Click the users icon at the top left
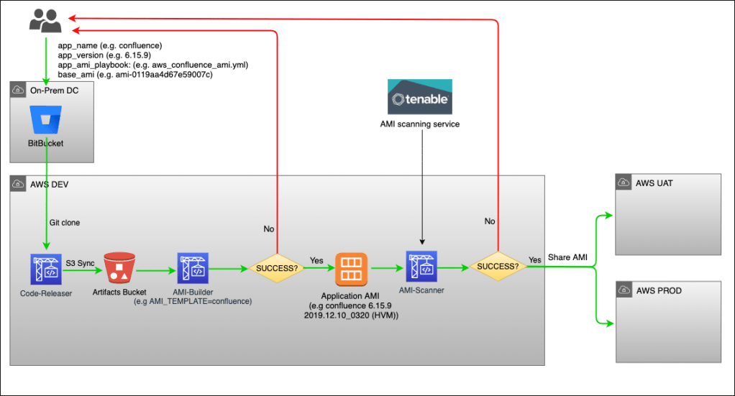pyautogui.click(x=45, y=21)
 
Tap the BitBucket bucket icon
pyautogui.click(x=47, y=119)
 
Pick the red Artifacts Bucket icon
pyautogui.click(x=119, y=268)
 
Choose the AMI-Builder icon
pyautogui.click(x=193, y=268)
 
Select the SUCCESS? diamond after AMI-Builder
pyautogui.click(x=277, y=267)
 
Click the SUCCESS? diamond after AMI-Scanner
pyautogui.click(x=498, y=266)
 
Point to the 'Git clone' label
pyautogui.click(x=65, y=223)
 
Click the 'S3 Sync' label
pyautogui.click(x=81, y=263)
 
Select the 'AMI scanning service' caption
pyautogui.click(x=420, y=124)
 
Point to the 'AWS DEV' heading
pyautogui.click(x=48, y=185)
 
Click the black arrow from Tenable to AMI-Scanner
pyautogui.click(x=422, y=187)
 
